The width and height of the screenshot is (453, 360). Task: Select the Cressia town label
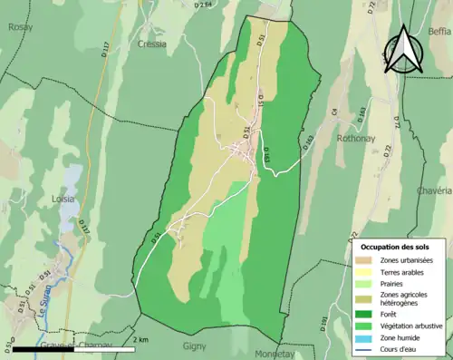click(153, 43)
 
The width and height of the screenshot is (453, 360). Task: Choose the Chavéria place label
click(433, 191)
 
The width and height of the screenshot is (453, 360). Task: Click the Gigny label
click(195, 345)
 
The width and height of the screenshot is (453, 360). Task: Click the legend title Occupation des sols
click(395, 246)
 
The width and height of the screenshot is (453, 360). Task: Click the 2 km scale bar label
click(141, 340)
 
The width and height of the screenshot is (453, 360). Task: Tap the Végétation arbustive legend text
click(414, 325)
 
